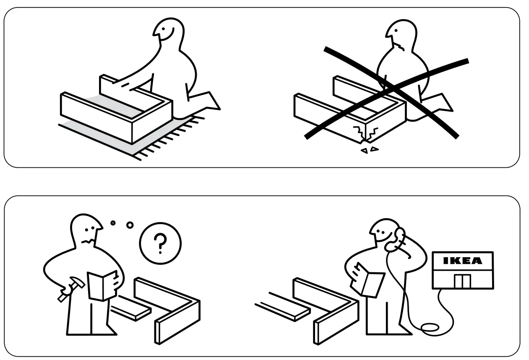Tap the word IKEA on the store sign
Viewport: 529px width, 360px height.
point(462,261)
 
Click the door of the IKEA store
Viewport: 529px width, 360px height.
point(461,281)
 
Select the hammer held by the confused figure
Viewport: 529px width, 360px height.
point(68,289)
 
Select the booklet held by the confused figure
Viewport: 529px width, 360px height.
point(102,286)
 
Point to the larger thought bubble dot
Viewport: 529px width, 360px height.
point(130,226)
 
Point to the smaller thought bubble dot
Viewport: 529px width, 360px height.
point(113,223)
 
